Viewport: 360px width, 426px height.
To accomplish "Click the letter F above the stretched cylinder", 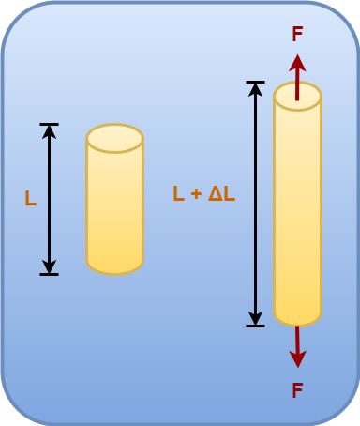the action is point(297,35).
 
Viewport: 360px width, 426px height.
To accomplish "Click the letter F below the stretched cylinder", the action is point(297,390).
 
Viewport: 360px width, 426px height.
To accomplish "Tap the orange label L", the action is point(30,199).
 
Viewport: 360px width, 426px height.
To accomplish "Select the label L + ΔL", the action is point(203,193).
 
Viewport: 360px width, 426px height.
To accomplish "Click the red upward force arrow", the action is point(297,75).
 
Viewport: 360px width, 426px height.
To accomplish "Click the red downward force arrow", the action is point(297,347).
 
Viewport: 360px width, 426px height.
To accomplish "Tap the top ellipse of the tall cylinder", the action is point(297,96).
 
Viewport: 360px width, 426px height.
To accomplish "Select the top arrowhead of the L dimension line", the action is point(49,130).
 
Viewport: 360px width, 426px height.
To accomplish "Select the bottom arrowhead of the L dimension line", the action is point(49,267).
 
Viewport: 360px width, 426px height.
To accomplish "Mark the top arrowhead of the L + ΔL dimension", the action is point(255,89).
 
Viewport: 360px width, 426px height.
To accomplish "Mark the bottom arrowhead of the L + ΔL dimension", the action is point(255,319).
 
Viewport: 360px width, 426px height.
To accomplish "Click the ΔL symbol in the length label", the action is point(221,193).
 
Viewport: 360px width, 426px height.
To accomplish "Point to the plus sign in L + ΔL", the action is point(195,194).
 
